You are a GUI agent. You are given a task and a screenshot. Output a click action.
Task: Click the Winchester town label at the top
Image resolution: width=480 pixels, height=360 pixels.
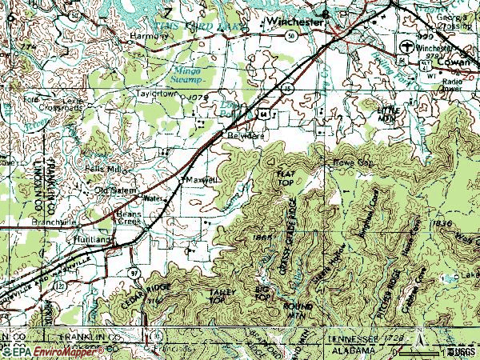294,22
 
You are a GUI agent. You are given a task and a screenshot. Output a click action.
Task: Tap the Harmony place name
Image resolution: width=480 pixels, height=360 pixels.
145,37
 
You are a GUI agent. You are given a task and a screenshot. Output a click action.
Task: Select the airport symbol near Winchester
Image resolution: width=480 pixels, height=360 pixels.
410,46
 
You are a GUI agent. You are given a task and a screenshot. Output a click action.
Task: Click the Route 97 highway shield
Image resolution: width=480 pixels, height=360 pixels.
133,273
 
